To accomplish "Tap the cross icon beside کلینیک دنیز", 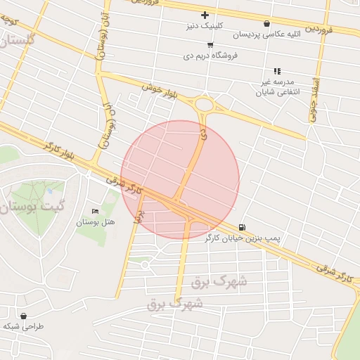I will click(205, 15).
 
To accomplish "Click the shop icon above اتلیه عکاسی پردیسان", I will click(266, 23).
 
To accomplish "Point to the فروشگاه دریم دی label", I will click(212, 54).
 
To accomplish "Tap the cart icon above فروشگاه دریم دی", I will click(210, 44).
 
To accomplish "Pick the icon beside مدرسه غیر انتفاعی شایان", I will click(277, 71).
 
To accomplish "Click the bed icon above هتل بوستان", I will click(96, 212).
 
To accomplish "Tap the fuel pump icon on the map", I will click(243, 227).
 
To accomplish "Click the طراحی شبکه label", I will click(23, 327).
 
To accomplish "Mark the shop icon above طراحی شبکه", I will click(25, 316).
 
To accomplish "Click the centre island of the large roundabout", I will click(205, 105).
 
